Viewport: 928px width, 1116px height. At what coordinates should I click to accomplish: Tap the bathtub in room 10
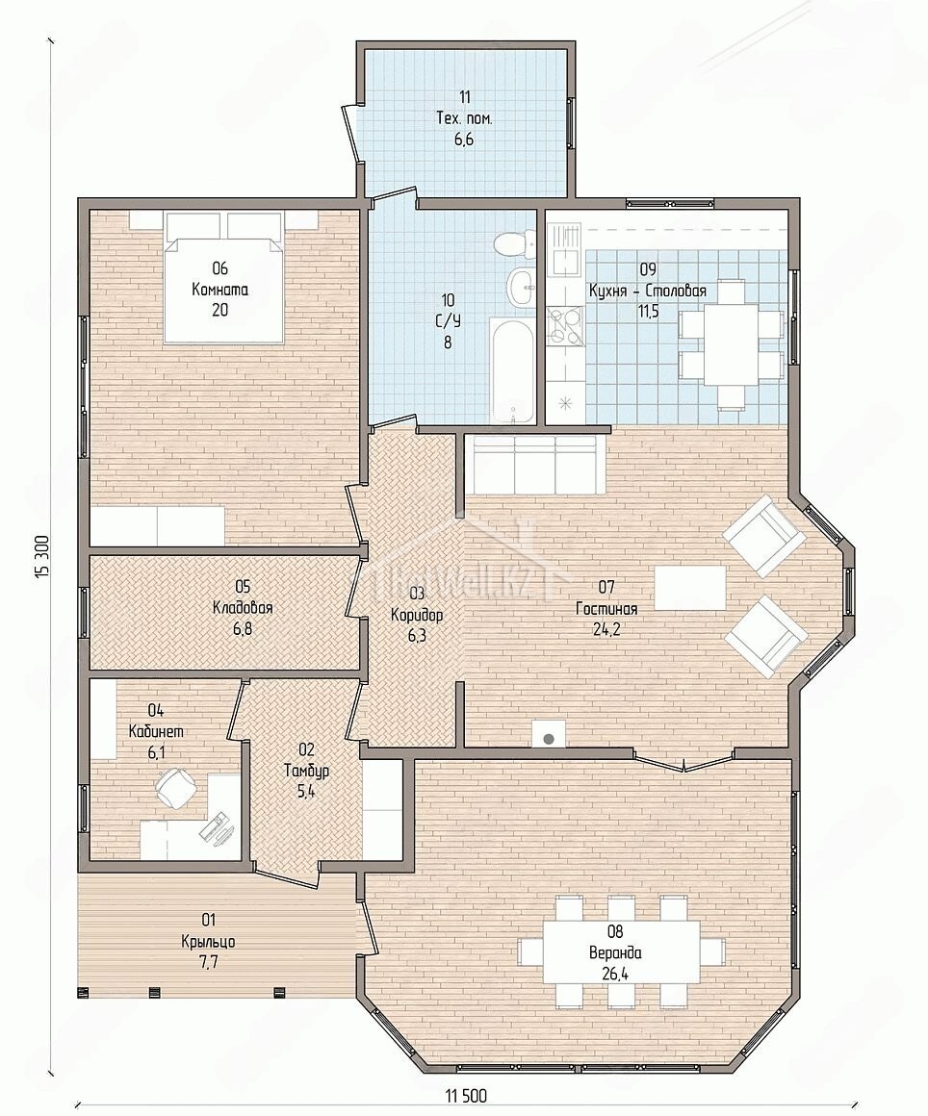tap(512, 369)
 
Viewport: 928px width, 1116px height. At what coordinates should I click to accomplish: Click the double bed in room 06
tap(219, 276)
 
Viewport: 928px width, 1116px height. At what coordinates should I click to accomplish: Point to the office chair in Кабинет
tap(175, 788)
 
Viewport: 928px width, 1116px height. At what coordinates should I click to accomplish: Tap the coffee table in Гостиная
tap(691, 588)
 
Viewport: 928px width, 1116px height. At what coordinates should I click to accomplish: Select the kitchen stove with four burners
tap(566, 325)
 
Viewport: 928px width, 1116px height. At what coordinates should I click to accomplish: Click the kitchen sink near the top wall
tap(565, 248)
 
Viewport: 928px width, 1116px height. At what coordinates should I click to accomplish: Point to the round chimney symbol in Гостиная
tap(549, 739)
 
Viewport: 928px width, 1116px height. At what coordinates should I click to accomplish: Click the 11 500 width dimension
tap(467, 1096)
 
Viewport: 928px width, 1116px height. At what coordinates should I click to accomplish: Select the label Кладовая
tap(243, 608)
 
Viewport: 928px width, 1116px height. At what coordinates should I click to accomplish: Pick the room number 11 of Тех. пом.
tap(464, 97)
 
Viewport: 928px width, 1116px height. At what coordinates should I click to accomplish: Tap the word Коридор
tap(417, 614)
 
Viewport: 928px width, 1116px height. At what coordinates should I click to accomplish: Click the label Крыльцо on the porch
tap(208, 942)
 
